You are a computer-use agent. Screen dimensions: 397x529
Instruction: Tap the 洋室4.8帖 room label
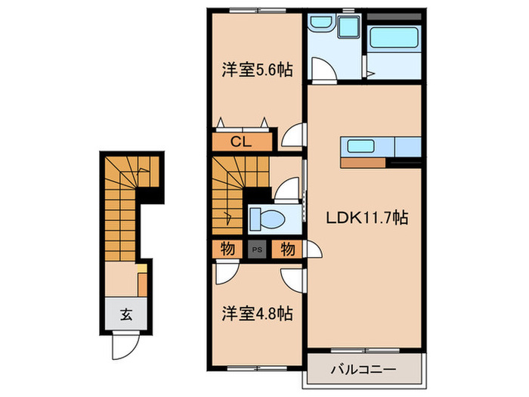click(257, 312)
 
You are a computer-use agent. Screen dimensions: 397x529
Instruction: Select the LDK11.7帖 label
click(367, 217)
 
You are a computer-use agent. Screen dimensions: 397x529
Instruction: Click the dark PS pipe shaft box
click(257, 249)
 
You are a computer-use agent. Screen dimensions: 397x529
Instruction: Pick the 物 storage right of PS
click(288, 248)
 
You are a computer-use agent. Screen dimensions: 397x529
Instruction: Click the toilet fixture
click(266, 218)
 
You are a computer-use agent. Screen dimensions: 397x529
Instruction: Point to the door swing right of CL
click(292, 137)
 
